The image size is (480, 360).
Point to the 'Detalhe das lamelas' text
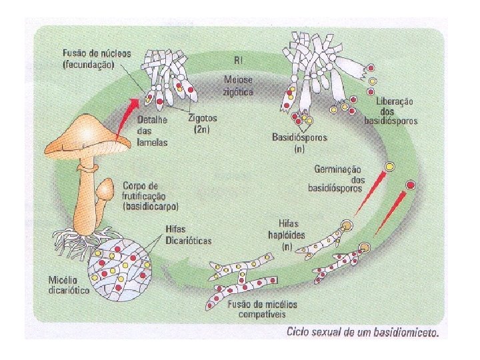(x=153, y=131)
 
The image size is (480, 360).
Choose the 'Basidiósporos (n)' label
(x=299, y=143)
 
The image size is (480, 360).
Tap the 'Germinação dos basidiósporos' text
(x=335, y=179)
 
